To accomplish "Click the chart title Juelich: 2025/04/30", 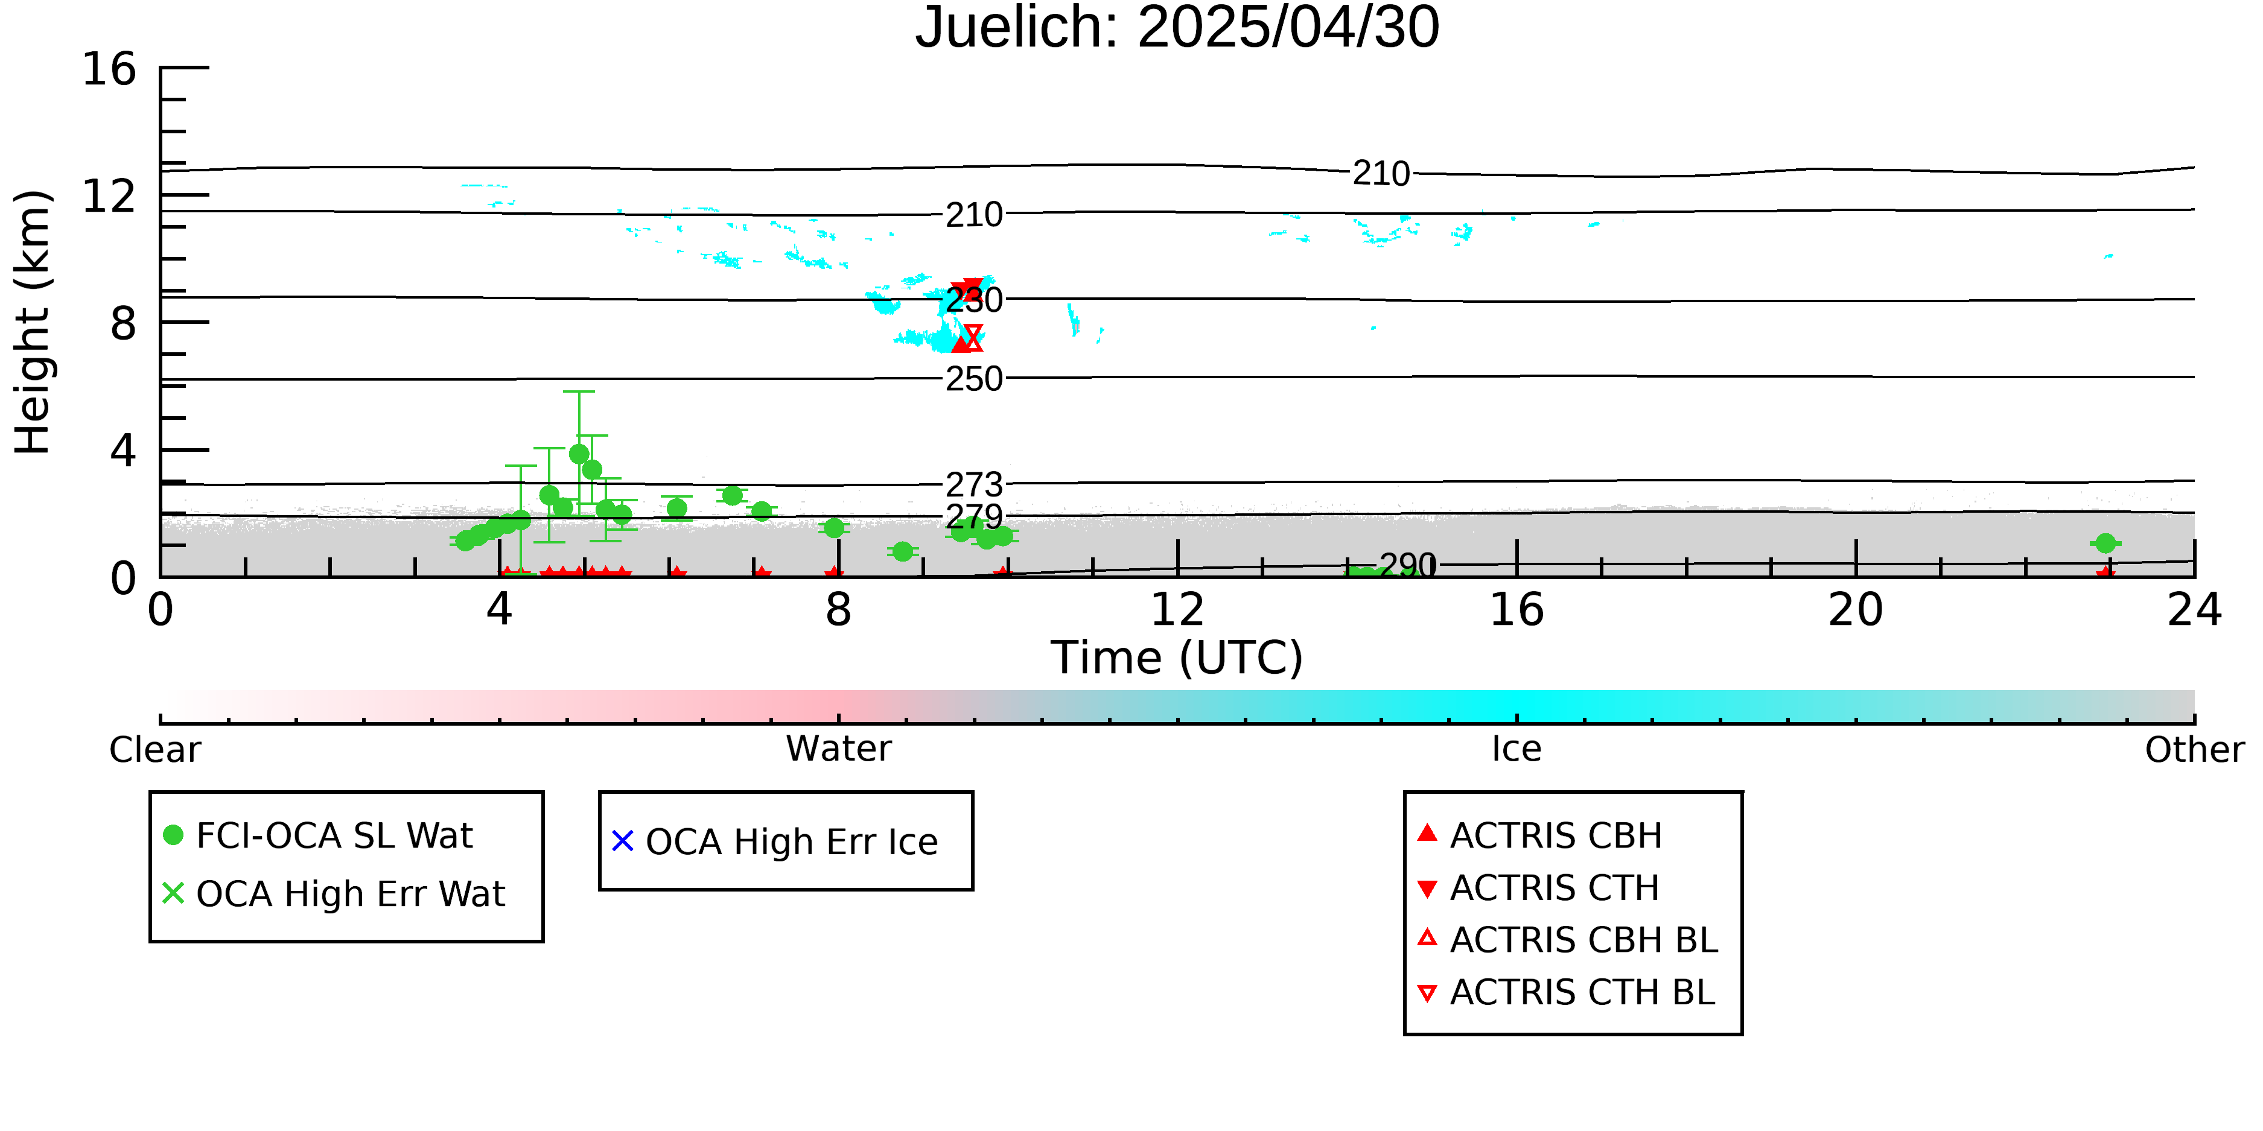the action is tap(1177, 28).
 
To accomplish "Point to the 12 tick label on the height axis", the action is tap(109, 196).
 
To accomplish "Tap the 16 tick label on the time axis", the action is tap(1517, 610).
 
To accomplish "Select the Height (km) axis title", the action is tap(33, 322).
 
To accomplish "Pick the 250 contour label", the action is tap(974, 379).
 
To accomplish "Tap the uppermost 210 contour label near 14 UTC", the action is tap(1381, 174).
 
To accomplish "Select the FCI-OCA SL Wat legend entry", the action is tap(319, 835).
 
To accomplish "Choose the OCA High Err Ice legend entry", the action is tap(775, 841).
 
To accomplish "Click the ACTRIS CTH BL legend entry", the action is tap(1567, 992).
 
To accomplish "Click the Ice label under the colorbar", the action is tap(1517, 749).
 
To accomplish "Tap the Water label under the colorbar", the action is tap(839, 749).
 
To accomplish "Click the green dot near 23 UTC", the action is tap(2105, 543).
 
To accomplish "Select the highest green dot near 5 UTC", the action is tap(579, 454).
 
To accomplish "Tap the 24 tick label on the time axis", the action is tap(2194, 610).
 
